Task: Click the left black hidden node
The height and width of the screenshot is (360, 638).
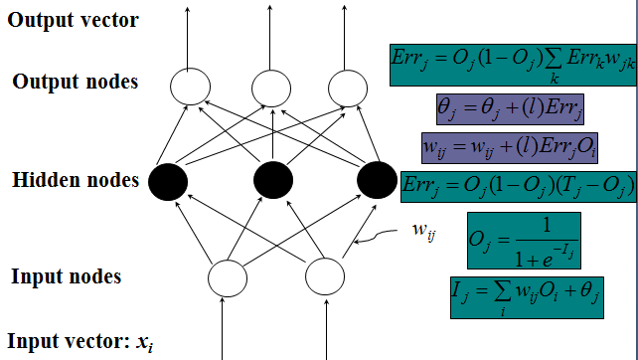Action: point(168,182)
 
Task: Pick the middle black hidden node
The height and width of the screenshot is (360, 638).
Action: point(273,180)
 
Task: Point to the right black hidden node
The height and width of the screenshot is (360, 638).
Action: point(378,180)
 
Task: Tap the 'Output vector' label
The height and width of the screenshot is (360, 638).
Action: point(74,20)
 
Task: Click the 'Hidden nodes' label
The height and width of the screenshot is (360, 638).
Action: point(76,180)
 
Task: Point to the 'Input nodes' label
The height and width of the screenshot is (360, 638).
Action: point(67,276)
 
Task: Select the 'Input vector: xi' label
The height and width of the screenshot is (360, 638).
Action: point(80,342)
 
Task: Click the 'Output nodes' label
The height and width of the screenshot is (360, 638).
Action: point(76,82)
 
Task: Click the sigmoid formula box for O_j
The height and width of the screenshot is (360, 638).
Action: point(524,241)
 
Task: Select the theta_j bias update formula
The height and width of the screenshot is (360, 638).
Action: point(510,109)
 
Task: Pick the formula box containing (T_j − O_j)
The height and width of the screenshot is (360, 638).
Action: point(519,187)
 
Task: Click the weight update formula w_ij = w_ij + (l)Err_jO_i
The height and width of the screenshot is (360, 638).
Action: point(510,148)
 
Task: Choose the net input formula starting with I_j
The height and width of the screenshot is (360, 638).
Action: point(527,297)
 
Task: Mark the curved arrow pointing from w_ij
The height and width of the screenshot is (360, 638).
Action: point(375,236)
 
